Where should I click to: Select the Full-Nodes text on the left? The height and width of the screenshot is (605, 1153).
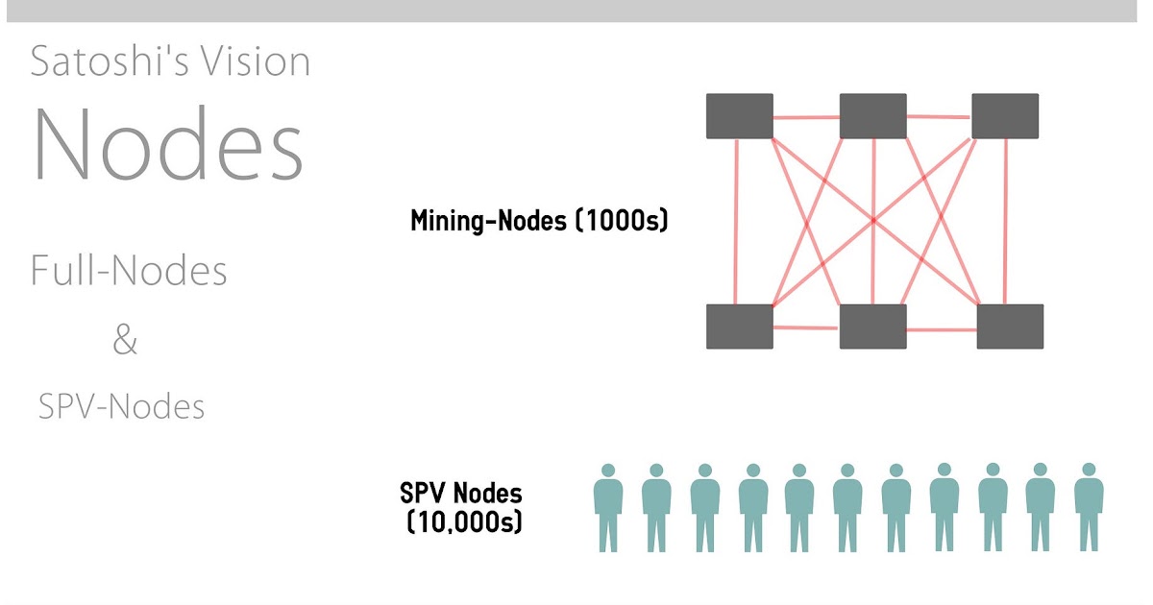pos(129,272)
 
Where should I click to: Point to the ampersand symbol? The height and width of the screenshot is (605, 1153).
pos(125,340)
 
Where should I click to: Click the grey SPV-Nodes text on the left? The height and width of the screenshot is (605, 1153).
pos(122,407)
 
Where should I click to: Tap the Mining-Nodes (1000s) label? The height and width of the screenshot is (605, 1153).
pos(538,222)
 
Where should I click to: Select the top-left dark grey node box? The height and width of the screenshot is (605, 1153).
pos(740,116)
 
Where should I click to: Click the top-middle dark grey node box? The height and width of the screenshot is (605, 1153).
pos(873,116)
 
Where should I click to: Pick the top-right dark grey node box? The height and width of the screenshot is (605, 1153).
pos(1005,116)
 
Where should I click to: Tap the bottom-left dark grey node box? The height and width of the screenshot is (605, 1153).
pos(740,326)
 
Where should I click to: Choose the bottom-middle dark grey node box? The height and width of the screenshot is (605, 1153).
pos(873,327)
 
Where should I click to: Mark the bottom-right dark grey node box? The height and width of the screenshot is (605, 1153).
pos(1010,327)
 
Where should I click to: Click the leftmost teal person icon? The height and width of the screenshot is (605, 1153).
pos(607,509)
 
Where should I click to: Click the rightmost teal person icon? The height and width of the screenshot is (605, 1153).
pos(1088,509)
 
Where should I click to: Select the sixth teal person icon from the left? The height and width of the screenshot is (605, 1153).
pos(847,509)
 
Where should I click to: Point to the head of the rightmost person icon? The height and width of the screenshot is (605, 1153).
pos(1088,471)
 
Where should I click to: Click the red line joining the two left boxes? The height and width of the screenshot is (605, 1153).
pos(737,221)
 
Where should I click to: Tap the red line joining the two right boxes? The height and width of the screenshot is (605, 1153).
pos(1006,221)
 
